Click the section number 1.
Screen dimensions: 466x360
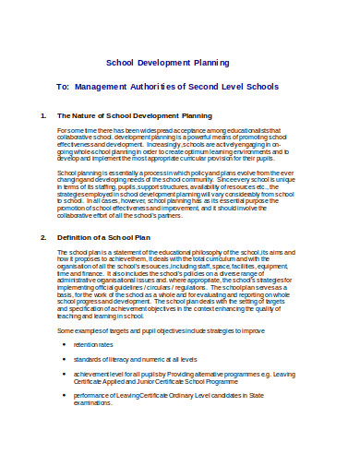(x=43, y=116)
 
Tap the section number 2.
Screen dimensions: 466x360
(x=43, y=238)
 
